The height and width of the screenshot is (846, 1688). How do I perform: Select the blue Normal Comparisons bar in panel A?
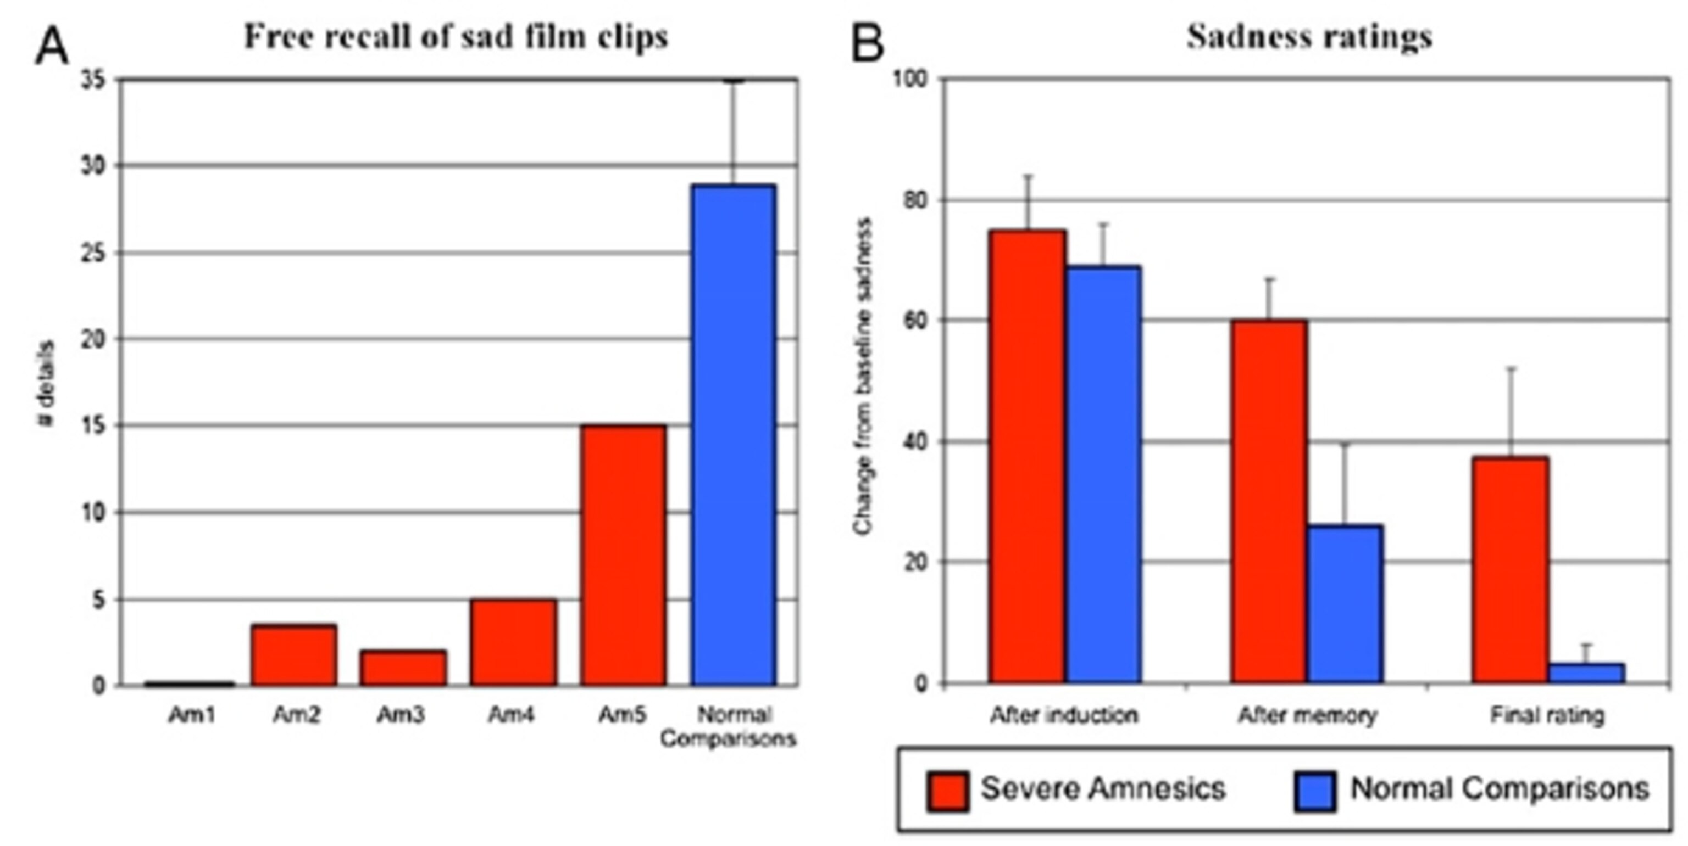tap(733, 435)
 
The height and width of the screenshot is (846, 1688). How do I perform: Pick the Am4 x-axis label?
tap(511, 714)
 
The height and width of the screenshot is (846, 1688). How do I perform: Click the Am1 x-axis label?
tap(191, 714)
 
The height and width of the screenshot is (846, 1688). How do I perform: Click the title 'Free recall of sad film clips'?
tap(456, 37)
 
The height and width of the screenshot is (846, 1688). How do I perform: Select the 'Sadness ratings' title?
tap(1309, 37)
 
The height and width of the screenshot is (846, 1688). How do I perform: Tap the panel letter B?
tap(867, 44)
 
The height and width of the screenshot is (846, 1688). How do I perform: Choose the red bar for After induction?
tap(1027, 456)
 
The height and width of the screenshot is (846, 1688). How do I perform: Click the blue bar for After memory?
tap(1345, 604)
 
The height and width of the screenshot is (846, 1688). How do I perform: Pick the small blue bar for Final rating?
tap(1586, 673)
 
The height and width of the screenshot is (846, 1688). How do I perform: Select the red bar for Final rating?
tap(1511, 570)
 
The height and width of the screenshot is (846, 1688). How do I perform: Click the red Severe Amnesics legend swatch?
tap(947, 791)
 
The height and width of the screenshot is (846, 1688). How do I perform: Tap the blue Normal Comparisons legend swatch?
tap(1314, 791)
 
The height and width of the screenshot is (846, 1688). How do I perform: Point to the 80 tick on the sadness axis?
tap(916, 200)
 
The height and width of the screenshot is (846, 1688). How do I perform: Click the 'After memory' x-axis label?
tap(1307, 715)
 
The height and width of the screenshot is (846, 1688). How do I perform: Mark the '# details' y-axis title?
tap(46, 384)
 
